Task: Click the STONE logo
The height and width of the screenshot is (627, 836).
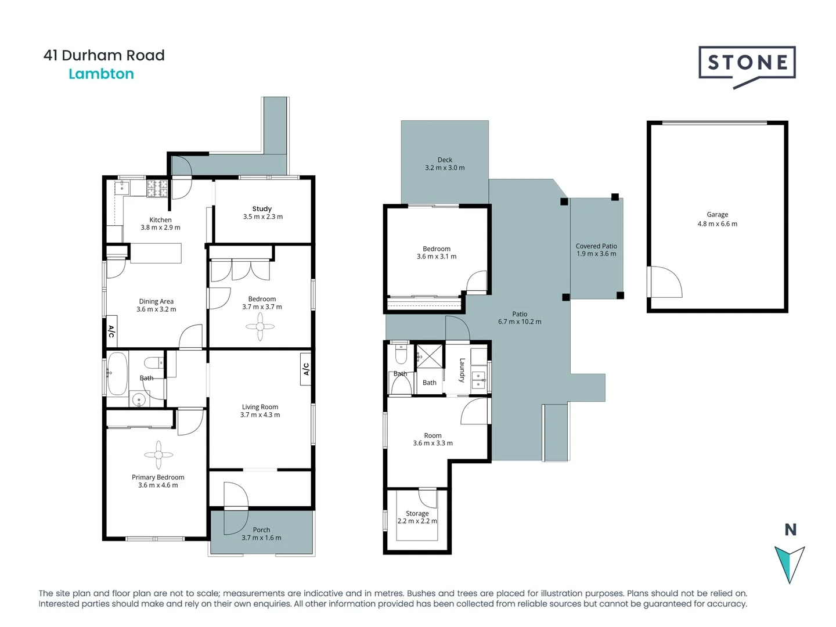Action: point(747,64)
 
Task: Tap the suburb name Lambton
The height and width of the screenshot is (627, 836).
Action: point(101,74)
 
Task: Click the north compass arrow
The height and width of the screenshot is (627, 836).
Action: point(790,563)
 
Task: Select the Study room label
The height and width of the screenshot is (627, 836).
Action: point(262,208)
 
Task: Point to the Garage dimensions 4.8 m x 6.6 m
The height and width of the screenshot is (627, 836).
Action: point(717,224)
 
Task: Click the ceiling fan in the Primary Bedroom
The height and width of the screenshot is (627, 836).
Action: point(158,455)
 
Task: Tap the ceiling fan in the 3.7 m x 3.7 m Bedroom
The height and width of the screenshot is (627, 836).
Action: point(260,327)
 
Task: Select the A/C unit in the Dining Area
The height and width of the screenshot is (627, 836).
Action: point(111,332)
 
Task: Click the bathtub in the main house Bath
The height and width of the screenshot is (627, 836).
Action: point(117,373)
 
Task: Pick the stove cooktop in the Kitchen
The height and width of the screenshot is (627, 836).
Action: point(157,188)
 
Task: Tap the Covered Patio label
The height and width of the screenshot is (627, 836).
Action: point(596,246)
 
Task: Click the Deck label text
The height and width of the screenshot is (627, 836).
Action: point(445,160)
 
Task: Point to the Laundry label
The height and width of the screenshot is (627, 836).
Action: point(462,370)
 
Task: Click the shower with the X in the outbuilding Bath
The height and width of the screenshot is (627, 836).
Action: point(429,356)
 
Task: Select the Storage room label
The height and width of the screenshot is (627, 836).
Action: point(417,513)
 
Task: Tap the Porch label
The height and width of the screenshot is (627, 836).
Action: point(261,529)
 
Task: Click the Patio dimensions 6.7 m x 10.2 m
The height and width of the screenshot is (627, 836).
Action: point(520,322)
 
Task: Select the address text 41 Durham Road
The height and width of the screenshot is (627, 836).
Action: point(104,56)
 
